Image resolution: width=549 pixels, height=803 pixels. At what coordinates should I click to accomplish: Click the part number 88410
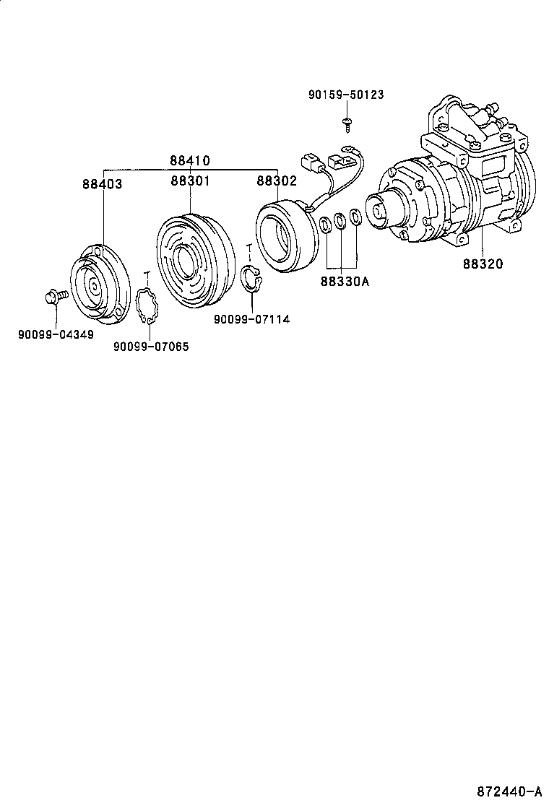point(190,160)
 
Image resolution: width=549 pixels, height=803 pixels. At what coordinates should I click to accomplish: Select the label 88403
point(102,184)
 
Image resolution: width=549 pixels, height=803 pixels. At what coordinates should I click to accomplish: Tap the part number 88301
point(190,181)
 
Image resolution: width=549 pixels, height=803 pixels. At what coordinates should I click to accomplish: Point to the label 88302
point(277,181)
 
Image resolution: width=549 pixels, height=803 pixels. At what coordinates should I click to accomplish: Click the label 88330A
point(345,281)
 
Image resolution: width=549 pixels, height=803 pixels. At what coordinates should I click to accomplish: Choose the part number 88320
point(483,264)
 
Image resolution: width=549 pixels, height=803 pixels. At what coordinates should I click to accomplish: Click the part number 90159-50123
point(345,95)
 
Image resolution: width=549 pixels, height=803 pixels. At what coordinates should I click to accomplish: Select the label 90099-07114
point(251,318)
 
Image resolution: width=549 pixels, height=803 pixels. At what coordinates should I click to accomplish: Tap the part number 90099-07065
point(151,347)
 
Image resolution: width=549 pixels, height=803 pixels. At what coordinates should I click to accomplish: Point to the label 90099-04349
point(56,334)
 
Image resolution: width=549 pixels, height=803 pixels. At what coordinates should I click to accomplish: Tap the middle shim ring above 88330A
point(340,221)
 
